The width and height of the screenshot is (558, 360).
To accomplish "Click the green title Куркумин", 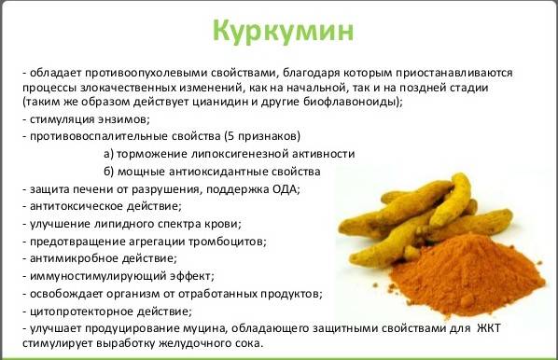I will [x=278, y=31].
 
